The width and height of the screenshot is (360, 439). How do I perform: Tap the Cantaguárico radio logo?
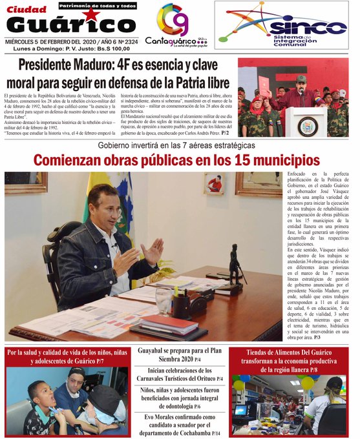pyautogui.click(x=173, y=26)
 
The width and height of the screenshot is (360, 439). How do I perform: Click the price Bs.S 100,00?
pyautogui.click(x=109, y=48)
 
